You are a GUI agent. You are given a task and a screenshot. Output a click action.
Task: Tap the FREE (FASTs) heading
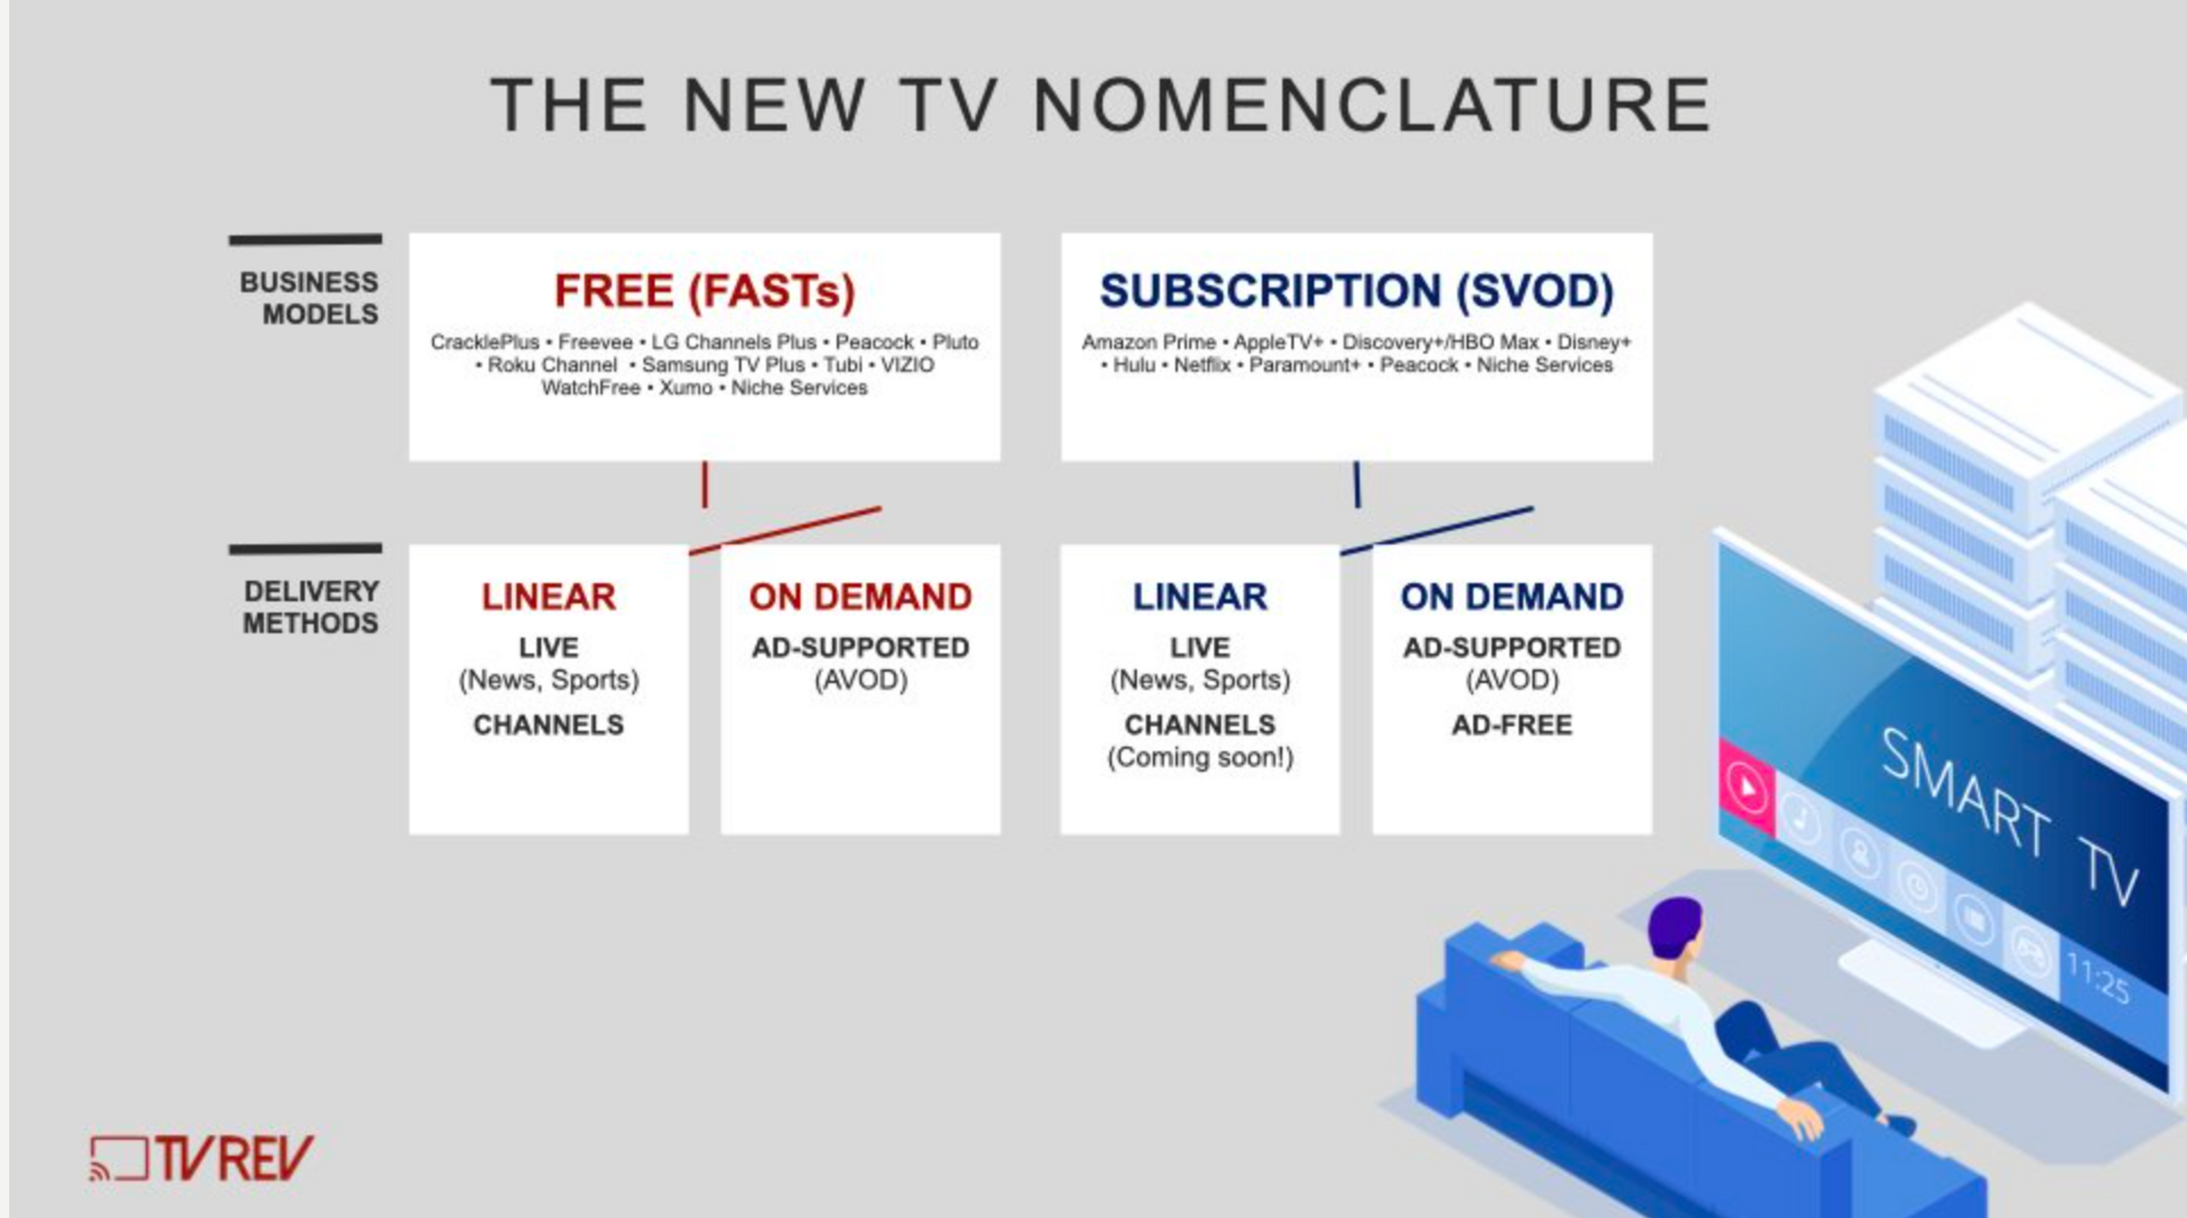pos(705,291)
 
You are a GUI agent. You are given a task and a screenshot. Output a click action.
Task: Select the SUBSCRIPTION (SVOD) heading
pos(1357,291)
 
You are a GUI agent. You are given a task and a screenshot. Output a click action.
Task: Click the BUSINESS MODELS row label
pos(309,298)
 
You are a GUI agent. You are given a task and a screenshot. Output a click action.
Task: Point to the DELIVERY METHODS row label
pos(311,607)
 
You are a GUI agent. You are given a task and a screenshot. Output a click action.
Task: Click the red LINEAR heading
pos(548,597)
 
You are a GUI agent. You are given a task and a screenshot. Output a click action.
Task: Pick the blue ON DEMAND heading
pos(1512,597)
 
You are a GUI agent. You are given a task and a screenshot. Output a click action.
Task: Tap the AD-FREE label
pos(1512,725)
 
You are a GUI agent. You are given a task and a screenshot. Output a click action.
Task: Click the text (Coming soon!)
pos(1200,757)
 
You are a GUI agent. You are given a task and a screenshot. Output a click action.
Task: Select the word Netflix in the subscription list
pos(1202,365)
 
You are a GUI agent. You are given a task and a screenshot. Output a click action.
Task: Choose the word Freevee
pos(595,342)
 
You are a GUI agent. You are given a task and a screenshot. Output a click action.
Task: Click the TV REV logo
pos(202,1158)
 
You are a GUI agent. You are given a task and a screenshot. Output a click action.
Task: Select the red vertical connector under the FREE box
pos(705,485)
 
